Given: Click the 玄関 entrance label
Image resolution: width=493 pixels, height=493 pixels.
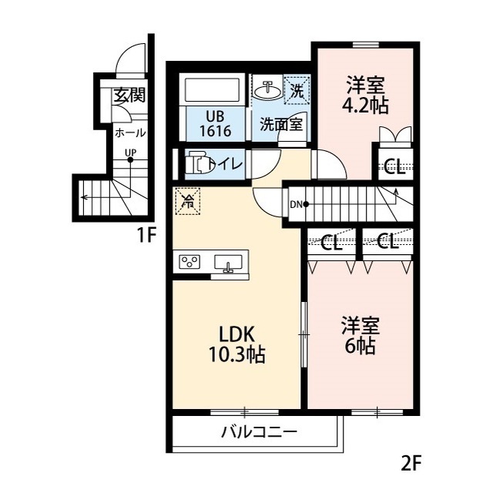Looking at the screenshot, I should pos(129,96).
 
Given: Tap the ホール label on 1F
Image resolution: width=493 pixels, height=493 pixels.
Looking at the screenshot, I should pos(129,132).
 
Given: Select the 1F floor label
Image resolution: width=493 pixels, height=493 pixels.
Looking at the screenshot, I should pos(147,236).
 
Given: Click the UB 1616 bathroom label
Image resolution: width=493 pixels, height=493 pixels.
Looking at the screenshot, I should pos(215,124).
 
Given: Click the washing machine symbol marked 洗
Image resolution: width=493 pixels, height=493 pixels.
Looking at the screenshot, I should pos(297,89).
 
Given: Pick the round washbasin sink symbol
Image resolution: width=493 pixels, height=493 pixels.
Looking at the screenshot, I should pos(267,90).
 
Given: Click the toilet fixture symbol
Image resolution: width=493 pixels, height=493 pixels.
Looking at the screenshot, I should pos(199,163).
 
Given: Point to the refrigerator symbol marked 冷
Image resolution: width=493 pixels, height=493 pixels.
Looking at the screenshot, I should pos(186,202).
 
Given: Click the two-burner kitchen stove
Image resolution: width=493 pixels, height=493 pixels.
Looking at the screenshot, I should pos(189,262).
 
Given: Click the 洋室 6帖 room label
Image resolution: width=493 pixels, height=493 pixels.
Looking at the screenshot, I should pos(359,336).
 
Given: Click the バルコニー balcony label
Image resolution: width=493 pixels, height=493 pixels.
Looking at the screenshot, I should pos(258,432).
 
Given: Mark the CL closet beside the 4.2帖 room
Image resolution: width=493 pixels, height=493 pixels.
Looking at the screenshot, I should pos(394,167).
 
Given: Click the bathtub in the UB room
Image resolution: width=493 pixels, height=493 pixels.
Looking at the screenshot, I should pos(215,90).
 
